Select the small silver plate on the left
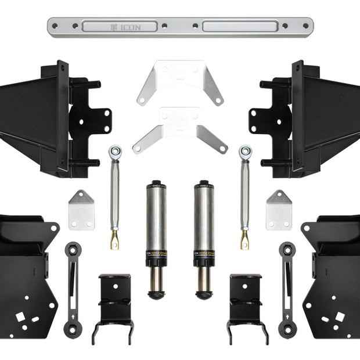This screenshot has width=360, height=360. click(x=81, y=210)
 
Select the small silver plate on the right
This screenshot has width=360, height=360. click(x=279, y=210)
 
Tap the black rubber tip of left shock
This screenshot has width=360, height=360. click(x=156, y=295)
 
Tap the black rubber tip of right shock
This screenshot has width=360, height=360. click(x=204, y=295)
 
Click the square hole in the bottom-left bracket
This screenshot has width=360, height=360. click(x=21, y=317)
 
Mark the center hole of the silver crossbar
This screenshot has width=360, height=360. click(x=180, y=26)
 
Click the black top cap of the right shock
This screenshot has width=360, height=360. click(x=204, y=185)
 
